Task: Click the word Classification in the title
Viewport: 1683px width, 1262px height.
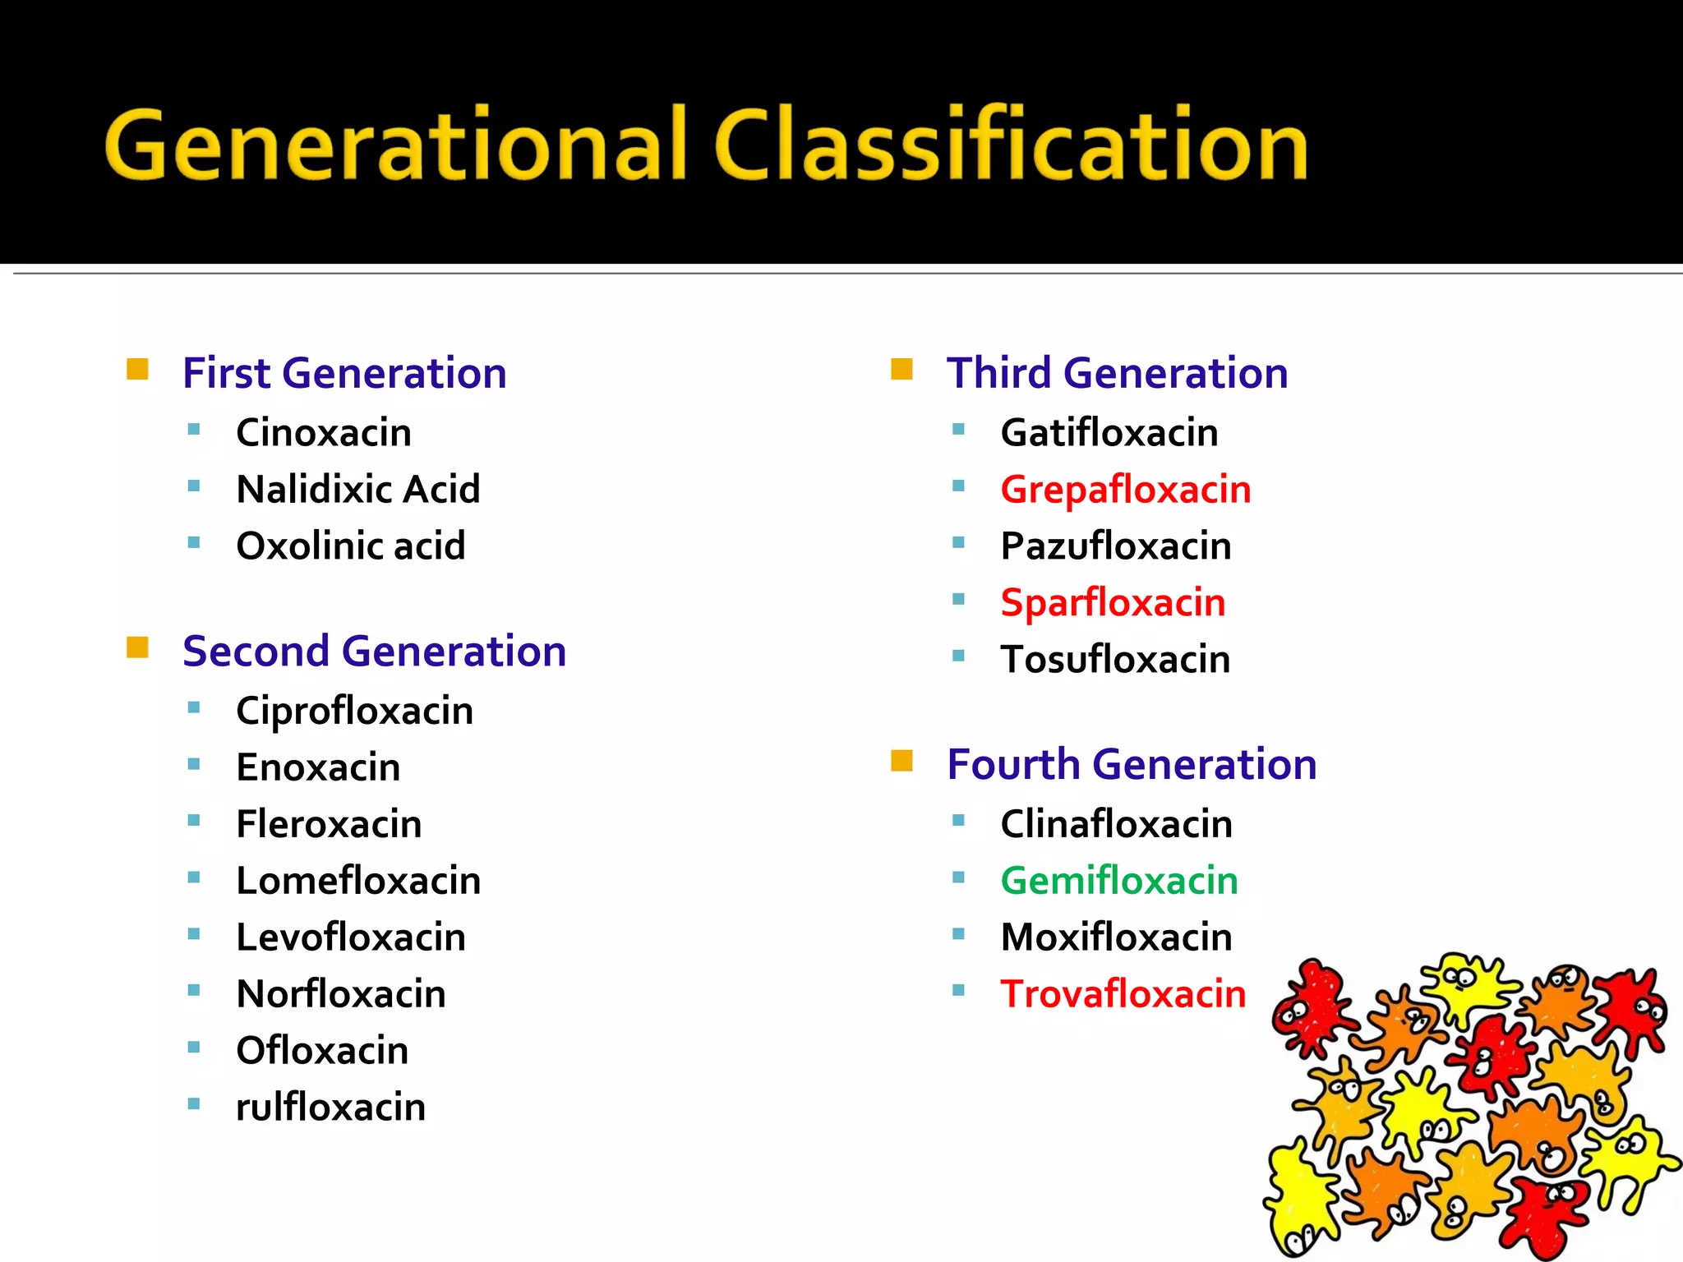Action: click(1011, 146)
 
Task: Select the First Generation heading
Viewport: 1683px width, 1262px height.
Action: click(344, 374)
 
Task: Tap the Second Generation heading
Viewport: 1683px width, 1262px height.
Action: click(374, 652)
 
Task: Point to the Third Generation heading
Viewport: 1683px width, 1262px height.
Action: click(1117, 374)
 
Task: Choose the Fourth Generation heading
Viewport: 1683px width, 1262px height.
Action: click(1132, 765)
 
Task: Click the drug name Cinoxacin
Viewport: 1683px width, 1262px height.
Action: click(324, 433)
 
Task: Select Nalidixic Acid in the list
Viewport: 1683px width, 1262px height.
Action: click(357, 490)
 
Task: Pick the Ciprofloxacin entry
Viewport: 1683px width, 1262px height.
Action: click(354, 712)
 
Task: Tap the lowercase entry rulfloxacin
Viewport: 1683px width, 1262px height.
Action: click(330, 1108)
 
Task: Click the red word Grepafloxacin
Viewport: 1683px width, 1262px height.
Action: click(1125, 491)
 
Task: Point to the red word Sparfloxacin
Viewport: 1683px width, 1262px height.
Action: click(1113, 604)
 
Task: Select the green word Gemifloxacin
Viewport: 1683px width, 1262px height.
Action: click(1119, 882)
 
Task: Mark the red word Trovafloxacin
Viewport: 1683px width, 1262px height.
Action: click(1123, 994)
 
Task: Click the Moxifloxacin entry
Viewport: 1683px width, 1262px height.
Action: click(1116, 937)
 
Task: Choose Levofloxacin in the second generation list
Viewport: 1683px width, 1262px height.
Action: click(351, 937)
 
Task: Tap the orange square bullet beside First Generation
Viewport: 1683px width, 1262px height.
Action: click(137, 370)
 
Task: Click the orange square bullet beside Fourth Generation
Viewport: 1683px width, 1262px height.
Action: click(901, 761)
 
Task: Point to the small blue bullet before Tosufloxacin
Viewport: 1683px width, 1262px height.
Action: click(958, 656)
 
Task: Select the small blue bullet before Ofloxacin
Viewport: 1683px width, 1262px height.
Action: click(194, 1047)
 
